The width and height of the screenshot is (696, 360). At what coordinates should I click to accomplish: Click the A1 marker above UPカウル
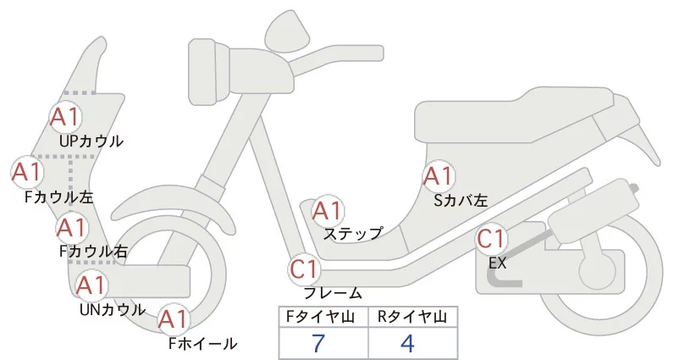coord(66,117)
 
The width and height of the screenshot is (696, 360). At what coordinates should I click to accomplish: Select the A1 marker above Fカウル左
coord(26,172)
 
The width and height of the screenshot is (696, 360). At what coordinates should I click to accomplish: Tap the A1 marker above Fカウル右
coord(71,227)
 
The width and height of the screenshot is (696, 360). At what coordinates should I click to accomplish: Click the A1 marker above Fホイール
coord(174,319)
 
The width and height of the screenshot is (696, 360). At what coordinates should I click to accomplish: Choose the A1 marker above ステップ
coord(327,210)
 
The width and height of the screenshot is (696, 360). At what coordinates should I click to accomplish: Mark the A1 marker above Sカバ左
coord(438,176)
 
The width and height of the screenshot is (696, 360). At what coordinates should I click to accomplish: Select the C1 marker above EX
coord(492,239)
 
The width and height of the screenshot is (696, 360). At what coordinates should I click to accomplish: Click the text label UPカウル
coord(91,141)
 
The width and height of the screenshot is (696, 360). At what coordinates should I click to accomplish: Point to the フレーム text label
coord(333,293)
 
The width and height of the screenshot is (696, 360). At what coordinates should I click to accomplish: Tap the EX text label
coord(497,263)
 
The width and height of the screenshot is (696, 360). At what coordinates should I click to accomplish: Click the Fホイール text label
coord(202,344)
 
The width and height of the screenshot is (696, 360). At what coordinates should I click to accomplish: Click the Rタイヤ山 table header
coord(412,317)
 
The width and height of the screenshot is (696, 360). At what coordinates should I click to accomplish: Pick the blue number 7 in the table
coord(318,343)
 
